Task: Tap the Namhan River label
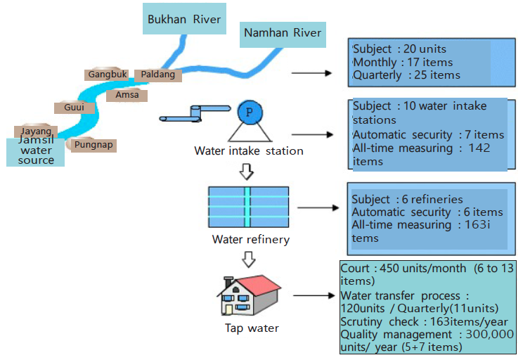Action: (283, 33)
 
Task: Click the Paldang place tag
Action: (158, 74)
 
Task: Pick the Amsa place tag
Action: (127, 95)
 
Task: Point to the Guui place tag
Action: (74, 108)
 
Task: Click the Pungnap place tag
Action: (93, 145)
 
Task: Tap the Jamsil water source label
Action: (36, 150)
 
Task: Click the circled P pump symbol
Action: (248, 112)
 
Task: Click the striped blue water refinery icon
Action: (248, 207)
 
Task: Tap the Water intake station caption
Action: (249, 150)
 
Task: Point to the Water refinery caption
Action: (250, 240)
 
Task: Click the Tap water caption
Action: (252, 328)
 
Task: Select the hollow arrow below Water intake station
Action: (247, 171)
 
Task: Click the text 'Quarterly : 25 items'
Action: (406, 75)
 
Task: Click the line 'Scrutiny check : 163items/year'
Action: (418, 321)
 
